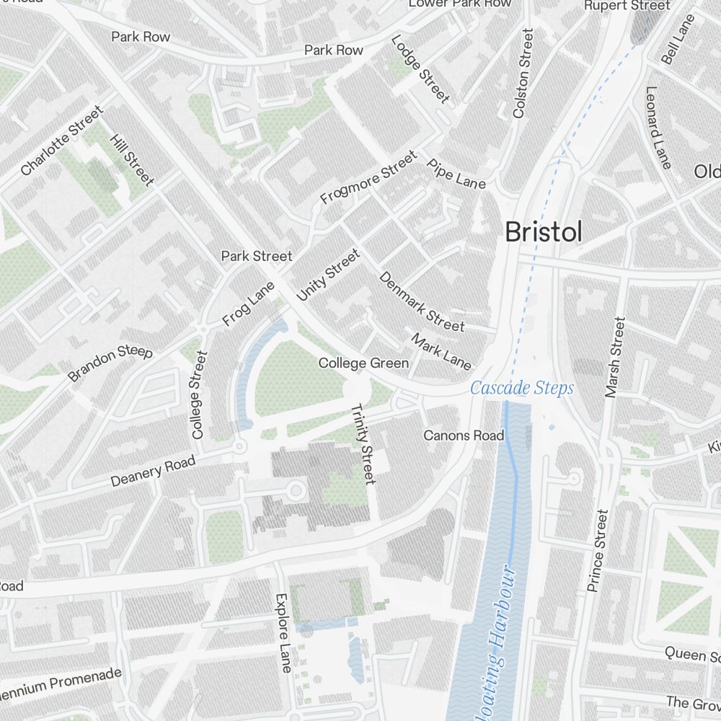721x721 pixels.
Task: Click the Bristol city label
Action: (543, 232)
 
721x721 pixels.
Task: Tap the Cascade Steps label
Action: (522, 389)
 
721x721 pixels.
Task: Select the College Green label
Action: (363, 363)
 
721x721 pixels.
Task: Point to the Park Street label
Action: (257, 256)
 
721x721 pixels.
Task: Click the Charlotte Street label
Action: (62, 141)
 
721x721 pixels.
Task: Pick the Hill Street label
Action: (132, 159)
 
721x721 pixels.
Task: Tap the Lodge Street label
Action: (420, 68)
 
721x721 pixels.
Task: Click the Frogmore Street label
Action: (368, 177)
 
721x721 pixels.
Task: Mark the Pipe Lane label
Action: (456, 173)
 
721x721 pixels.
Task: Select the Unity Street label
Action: (327, 275)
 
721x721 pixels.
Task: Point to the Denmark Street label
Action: (421, 301)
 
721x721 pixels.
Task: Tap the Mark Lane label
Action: (441, 350)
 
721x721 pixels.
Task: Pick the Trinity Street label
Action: (363, 443)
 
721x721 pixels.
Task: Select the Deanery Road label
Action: (153, 472)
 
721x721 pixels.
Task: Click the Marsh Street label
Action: (615, 357)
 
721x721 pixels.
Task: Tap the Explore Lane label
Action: (282, 633)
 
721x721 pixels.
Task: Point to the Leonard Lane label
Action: (658, 128)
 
